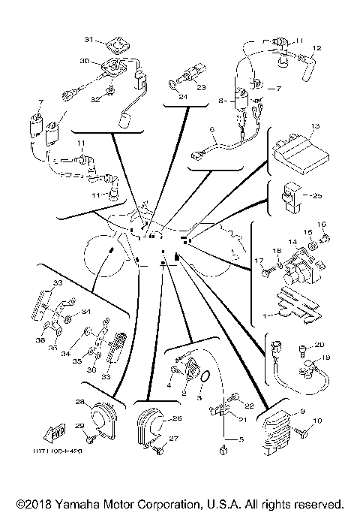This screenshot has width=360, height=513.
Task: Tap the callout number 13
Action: pyautogui.click(x=316, y=125)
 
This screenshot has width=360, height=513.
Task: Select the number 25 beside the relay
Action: pyautogui.click(x=316, y=195)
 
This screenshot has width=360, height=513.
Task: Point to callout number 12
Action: pyautogui.click(x=316, y=47)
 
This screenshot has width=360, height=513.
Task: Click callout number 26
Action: pyautogui.click(x=178, y=418)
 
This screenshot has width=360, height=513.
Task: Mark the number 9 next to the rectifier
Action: pyautogui.click(x=301, y=411)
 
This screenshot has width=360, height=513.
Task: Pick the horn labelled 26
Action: pyautogui.click(x=148, y=430)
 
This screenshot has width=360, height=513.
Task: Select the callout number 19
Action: pyautogui.click(x=326, y=358)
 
